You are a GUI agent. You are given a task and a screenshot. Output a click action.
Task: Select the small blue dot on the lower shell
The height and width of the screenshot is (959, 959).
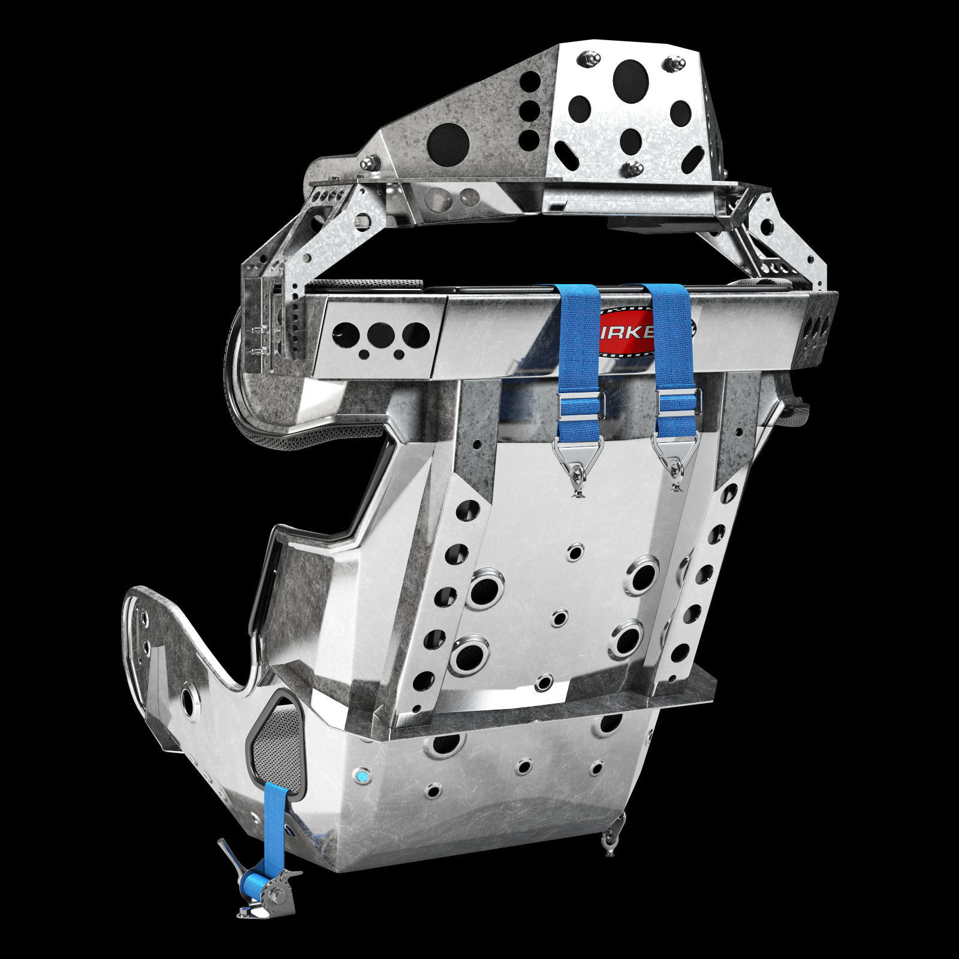(362, 777)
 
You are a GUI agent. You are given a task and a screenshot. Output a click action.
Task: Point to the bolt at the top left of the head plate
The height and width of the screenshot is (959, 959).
(585, 59)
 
